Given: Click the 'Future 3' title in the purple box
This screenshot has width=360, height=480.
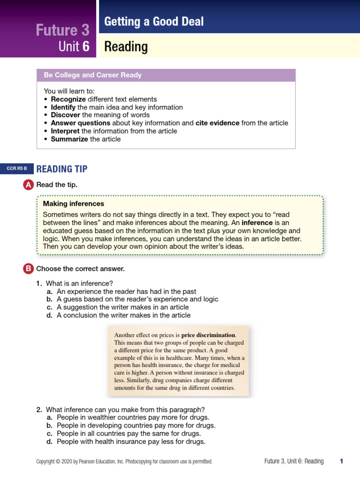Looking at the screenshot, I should point(62,30).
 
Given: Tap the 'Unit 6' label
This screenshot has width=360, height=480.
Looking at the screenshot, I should point(74,47).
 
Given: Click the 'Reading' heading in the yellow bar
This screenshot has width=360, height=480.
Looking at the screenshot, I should point(126,47).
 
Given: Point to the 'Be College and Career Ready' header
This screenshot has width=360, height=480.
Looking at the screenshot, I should point(92,75).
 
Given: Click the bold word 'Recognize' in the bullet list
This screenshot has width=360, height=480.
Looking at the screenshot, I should point(68,99).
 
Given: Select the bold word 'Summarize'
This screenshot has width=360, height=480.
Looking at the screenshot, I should point(69,139).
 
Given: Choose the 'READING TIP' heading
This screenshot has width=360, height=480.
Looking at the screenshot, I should point(62,169).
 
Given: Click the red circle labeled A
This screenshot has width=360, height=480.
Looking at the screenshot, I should point(28,185).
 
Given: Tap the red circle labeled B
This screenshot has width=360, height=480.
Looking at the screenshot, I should point(28,269).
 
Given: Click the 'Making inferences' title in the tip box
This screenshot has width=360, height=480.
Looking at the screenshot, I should point(74,203).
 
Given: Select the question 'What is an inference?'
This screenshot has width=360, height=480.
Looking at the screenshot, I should point(80,283).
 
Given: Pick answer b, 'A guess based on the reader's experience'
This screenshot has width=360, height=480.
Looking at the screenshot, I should point(137,299).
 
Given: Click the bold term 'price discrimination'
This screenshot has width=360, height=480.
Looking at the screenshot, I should point(208,335).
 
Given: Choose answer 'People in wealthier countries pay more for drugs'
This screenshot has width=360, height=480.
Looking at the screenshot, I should point(133,417).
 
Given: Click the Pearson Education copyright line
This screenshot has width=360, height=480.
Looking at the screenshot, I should point(124,461).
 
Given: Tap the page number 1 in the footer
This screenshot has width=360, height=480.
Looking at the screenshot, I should point(341,461).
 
